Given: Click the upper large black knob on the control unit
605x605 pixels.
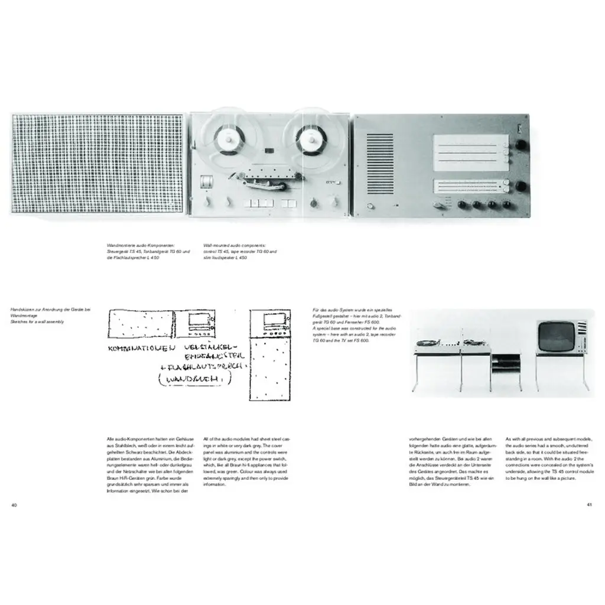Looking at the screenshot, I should pyautogui.click(x=521, y=146).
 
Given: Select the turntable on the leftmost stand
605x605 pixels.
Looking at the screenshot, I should pyautogui.click(x=428, y=341).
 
